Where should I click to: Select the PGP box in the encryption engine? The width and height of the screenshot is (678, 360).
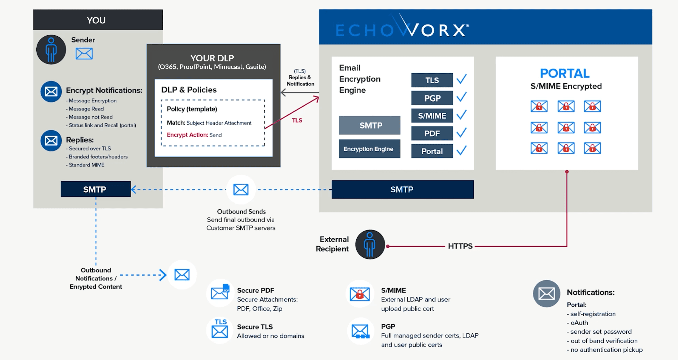tap(432, 98)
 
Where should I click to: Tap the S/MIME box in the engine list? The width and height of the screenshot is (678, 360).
tap(432, 116)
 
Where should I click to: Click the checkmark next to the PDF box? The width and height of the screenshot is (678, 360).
tap(461, 133)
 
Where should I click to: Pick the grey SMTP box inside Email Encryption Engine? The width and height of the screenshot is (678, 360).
tap(370, 125)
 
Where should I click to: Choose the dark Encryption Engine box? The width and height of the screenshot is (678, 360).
tap(370, 149)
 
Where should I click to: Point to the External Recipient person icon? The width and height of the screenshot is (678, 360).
tap(370, 245)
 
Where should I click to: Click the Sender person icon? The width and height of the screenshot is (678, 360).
tap(51, 49)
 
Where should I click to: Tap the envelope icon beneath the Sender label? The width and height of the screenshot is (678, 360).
tap(84, 54)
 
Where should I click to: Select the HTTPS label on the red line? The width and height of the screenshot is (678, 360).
tap(460, 246)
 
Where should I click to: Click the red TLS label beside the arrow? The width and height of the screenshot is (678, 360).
tap(297, 120)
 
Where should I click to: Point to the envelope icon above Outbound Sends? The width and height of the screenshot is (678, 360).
tap(241, 189)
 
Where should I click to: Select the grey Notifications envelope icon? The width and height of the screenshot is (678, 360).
tap(546, 293)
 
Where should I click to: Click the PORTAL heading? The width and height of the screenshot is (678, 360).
tap(565, 73)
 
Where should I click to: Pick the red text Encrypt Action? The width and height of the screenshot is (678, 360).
tap(187, 135)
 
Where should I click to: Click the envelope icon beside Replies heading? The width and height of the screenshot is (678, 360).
tap(51, 140)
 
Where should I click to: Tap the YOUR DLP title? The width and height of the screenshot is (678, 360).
tap(212, 58)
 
